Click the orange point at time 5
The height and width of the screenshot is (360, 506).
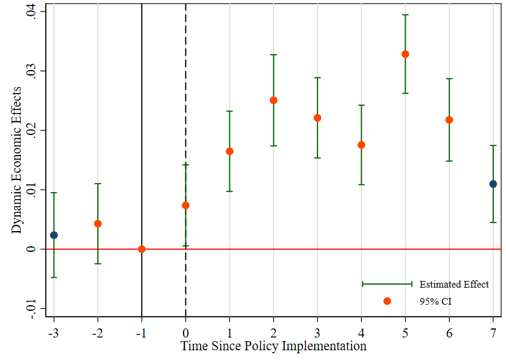pos(405,54)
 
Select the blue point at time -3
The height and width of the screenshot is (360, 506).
pos(54,235)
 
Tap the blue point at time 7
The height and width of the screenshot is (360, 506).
pos(493,184)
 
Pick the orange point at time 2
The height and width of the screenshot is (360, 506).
pos(274,100)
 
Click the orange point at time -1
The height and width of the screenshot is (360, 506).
pos(142,249)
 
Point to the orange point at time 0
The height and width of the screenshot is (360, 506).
pos(185,205)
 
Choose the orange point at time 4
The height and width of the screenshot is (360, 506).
pos(361,145)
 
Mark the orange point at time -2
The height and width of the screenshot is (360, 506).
pos(98,224)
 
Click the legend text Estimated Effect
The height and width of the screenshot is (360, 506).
pos(454,285)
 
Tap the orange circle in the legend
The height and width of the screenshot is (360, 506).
pos(387,301)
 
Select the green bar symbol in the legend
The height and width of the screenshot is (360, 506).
pos(387,284)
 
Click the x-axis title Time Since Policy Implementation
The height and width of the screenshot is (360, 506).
pos(274,347)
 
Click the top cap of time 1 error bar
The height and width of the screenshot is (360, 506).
pos(229,111)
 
